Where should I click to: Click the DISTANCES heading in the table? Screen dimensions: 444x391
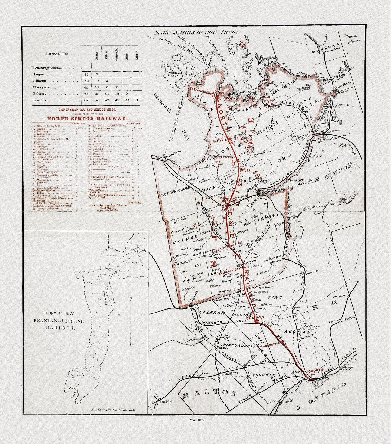coord(57,54)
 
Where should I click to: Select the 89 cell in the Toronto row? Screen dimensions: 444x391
coord(86,100)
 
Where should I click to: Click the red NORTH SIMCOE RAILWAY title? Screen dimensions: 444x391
coord(87,119)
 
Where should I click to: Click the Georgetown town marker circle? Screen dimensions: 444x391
coord(219,374)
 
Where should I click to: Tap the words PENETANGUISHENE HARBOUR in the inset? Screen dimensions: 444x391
coord(58,324)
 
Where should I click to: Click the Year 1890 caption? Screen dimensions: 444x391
coord(197,420)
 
